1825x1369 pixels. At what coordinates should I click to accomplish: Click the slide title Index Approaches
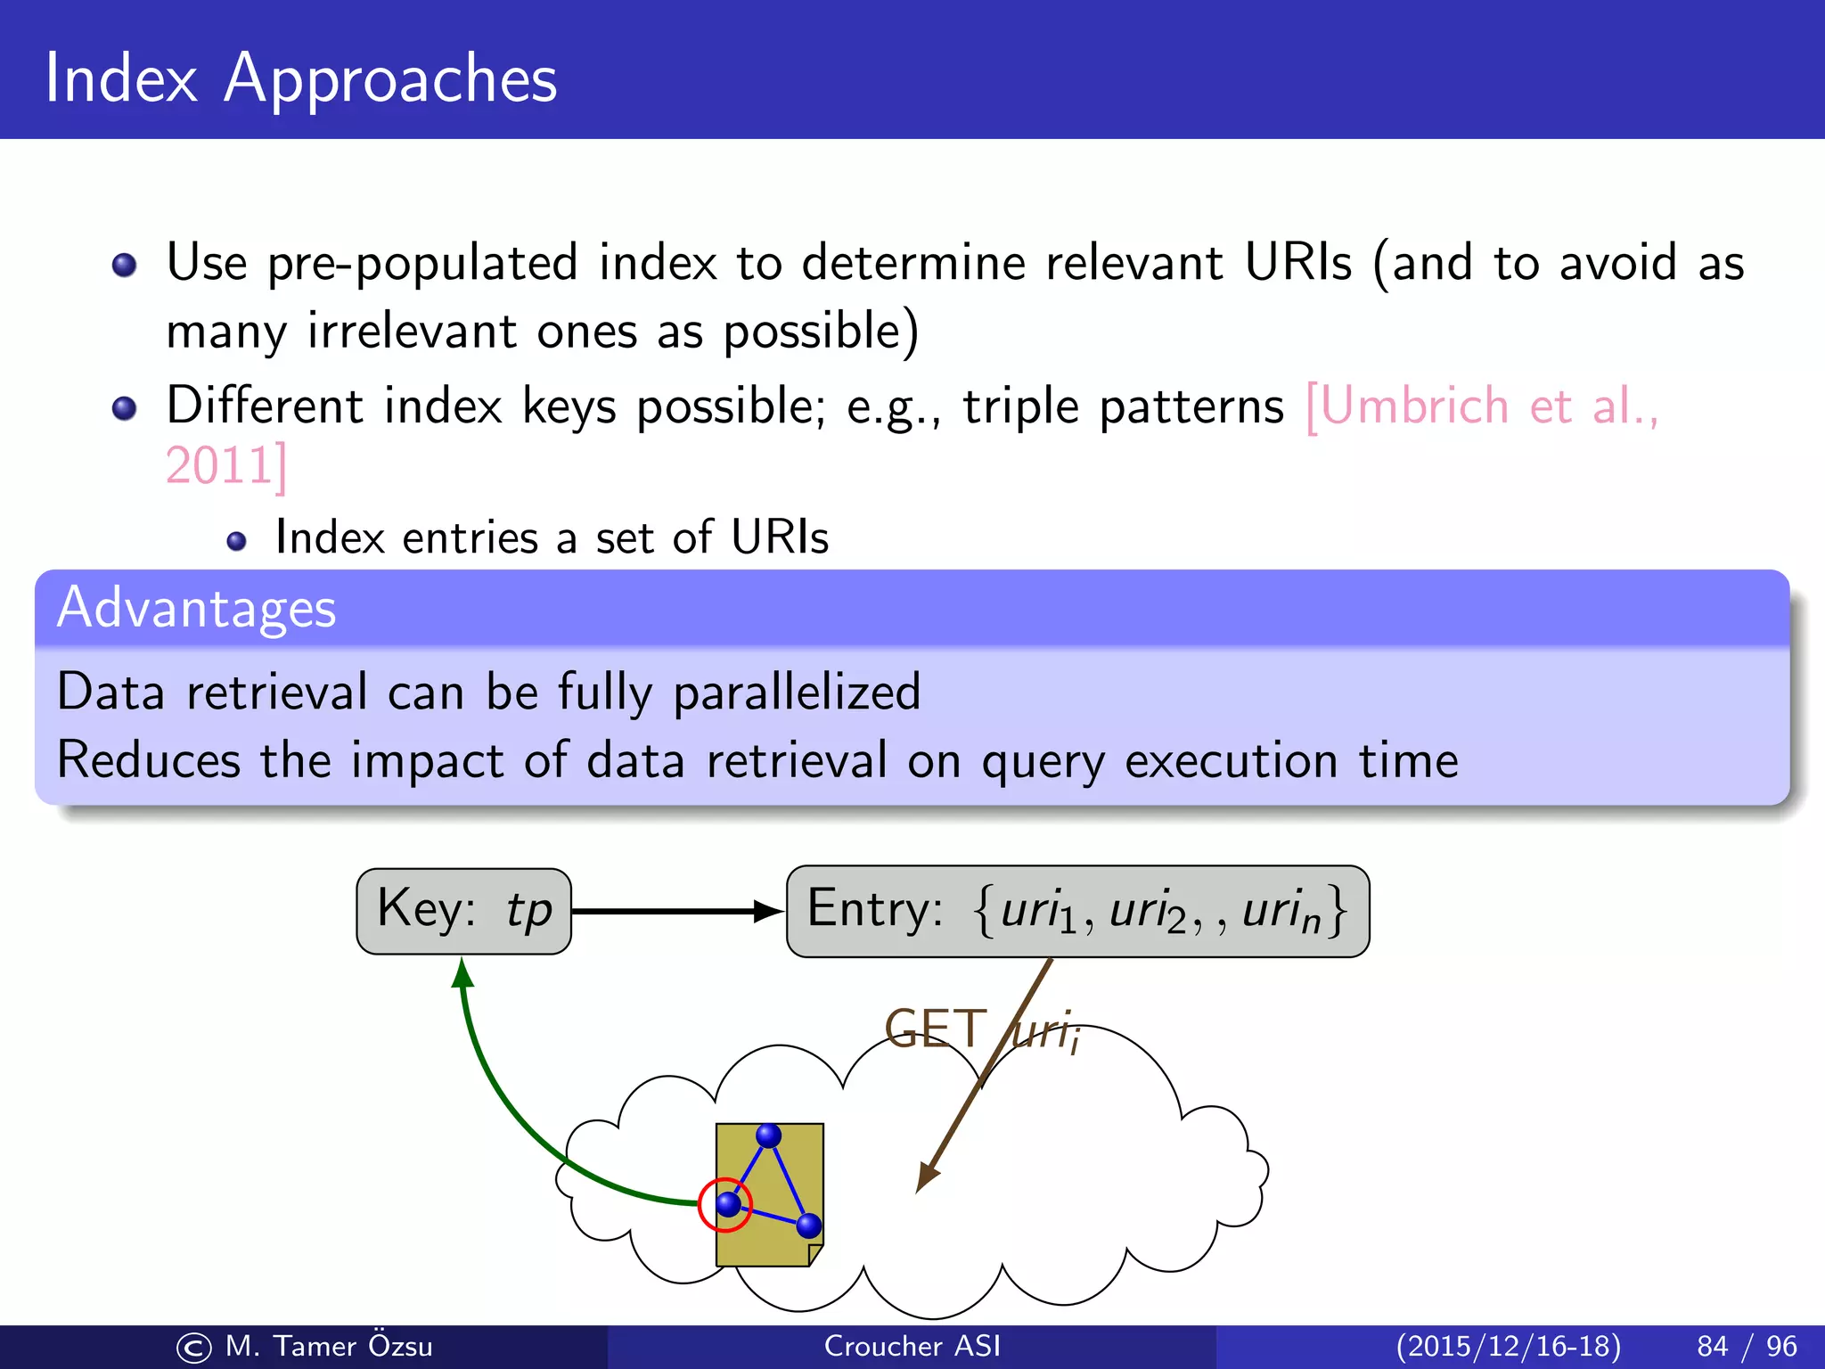300,78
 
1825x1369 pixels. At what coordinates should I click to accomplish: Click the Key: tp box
463,911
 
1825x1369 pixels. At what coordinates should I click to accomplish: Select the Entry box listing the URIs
1077,911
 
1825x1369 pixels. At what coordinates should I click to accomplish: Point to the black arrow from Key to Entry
677,911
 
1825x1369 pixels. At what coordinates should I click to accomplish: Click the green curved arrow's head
462,972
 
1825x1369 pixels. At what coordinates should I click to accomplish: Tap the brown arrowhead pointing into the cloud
927,1176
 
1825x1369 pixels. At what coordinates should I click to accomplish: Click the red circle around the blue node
725,1204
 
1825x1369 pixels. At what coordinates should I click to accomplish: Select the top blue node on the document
768,1135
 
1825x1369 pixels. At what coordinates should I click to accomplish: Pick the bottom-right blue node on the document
808,1226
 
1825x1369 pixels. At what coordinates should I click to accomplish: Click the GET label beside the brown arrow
936,1029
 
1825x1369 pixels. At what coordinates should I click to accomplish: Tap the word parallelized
796,693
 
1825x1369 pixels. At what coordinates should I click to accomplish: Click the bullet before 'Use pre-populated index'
125,265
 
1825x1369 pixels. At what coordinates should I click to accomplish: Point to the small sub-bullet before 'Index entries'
236,541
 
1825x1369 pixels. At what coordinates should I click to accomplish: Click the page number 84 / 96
1747,1346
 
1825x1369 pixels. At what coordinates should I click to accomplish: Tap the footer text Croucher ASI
912,1346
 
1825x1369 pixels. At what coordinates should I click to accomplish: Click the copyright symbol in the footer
193,1348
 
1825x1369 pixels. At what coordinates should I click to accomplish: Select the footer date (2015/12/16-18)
1508,1346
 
